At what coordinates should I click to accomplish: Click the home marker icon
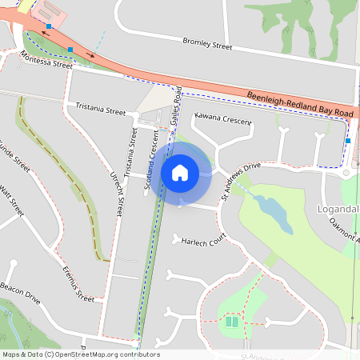click(x=180, y=172)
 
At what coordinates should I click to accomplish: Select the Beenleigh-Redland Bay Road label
click(x=300, y=102)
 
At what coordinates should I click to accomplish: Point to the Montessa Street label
click(x=46, y=62)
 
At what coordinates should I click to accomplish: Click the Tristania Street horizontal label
click(x=101, y=109)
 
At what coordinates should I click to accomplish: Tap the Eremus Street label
click(x=78, y=283)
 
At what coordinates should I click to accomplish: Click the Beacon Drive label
click(x=20, y=293)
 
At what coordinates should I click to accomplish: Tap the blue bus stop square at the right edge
click(x=348, y=142)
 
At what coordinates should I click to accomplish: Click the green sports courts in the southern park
click(x=231, y=322)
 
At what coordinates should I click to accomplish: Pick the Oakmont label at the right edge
click(x=345, y=232)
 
